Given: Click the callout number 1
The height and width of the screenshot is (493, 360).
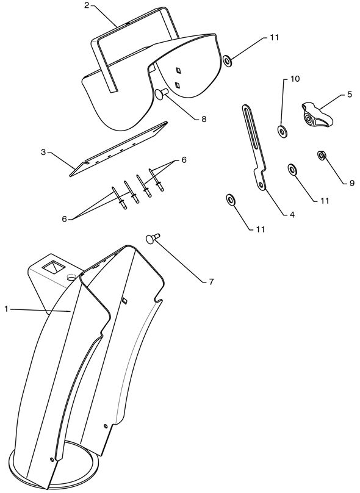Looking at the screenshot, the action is (x=6, y=309).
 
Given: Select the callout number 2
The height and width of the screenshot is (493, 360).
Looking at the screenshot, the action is (x=87, y=6).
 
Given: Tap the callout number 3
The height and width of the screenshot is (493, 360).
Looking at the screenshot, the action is (x=43, y=152).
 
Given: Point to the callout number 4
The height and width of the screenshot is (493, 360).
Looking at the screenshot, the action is (x=292, y=215).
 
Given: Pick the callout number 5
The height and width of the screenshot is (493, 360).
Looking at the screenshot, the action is (x=350, y=95).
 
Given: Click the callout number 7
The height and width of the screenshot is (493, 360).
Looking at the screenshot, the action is (x=211, y=282).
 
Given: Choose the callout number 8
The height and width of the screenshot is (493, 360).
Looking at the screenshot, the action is (x=204, y=119).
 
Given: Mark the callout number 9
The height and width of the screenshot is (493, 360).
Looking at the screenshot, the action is (x=352, y=182).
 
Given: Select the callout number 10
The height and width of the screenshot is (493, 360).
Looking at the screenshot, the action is (x=295, y=79).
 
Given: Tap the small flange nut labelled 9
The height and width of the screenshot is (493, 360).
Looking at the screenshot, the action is (x=322, y=155).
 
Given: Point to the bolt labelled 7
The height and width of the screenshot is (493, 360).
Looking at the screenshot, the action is (x=153, y=238).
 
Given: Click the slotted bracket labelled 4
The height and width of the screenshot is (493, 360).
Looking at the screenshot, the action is (x=255, y=147).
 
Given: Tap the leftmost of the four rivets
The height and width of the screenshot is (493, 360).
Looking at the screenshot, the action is (x=120, y=198).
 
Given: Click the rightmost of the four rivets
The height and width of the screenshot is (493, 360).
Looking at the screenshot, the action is (x=156, y=179).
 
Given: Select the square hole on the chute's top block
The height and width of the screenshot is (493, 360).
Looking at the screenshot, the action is (x=54, y=267).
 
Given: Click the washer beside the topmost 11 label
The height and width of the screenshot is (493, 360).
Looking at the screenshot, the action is (x=228, y=60).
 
